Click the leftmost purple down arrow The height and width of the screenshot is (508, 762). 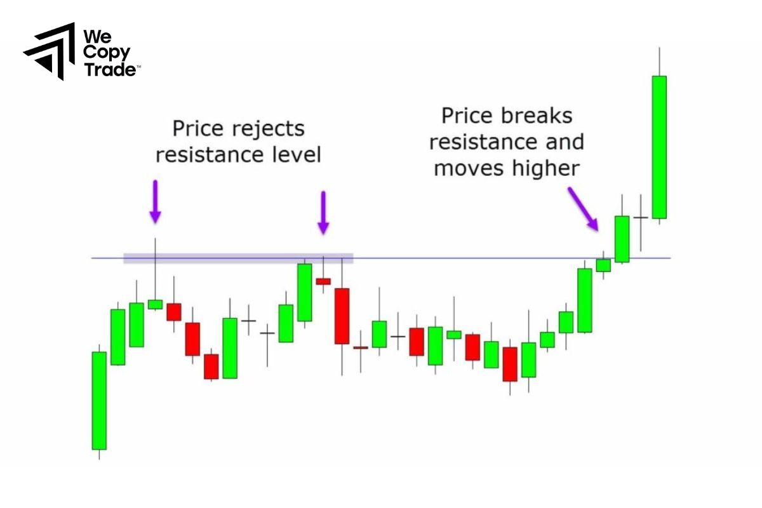[155, 201]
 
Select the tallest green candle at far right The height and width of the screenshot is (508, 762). [660, 147]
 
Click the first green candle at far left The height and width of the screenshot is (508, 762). [99, 400]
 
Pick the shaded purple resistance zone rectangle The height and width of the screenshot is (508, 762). [238, 258]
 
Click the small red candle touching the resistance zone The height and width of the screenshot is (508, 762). [323, 281]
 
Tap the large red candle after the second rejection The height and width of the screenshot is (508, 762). [342, 316]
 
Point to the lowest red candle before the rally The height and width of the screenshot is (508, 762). [510, 364]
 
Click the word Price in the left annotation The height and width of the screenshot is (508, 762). [197, 130]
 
